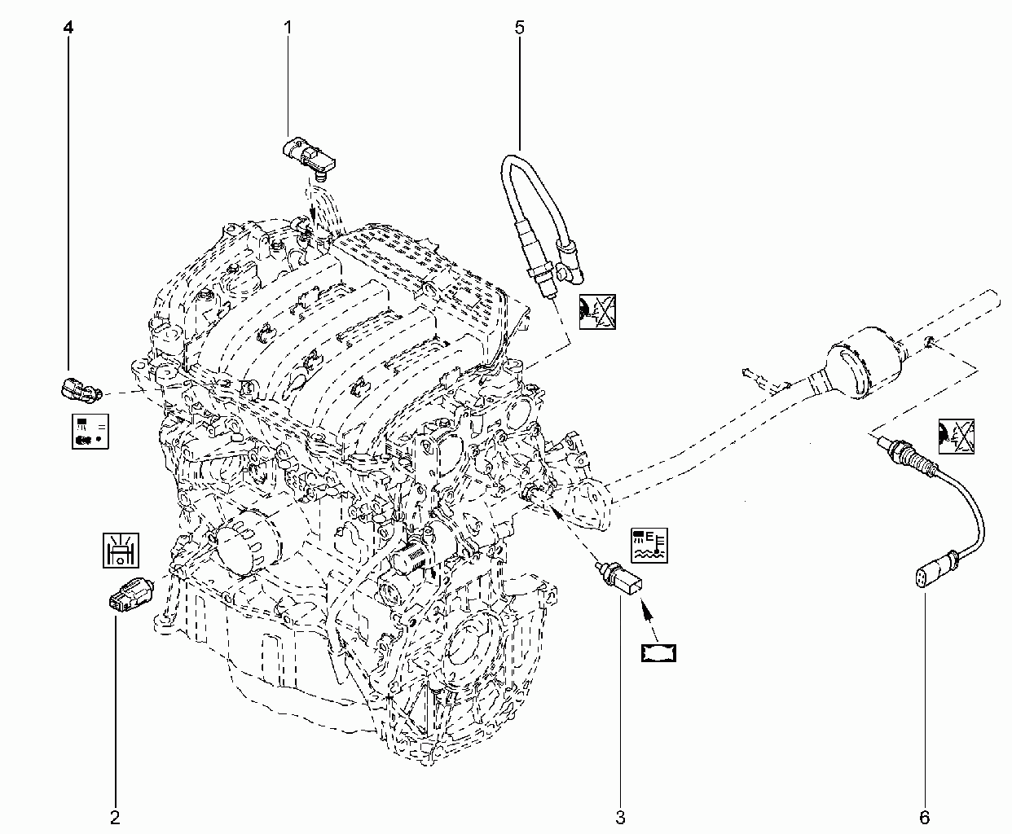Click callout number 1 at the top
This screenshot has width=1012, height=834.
[288, 28]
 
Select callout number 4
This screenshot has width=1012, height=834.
[68, 28]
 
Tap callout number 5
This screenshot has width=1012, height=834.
[520, 28]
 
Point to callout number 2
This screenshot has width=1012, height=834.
[115, 817]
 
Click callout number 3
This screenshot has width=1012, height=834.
[620, 817]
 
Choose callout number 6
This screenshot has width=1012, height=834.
[925, 817]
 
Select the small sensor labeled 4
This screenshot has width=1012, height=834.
[81, 388]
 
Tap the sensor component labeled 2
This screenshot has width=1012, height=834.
[131, 595]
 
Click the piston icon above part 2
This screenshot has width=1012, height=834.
[121, 550]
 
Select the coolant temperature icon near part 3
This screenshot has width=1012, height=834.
[649, 545]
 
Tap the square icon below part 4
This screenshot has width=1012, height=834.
[90, 432]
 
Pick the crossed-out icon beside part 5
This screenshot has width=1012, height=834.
[597, 312]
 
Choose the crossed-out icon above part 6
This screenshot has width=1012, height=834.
[957, 437]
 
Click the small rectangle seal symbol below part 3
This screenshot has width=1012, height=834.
[658, 653]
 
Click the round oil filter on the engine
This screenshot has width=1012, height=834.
[247, 542]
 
